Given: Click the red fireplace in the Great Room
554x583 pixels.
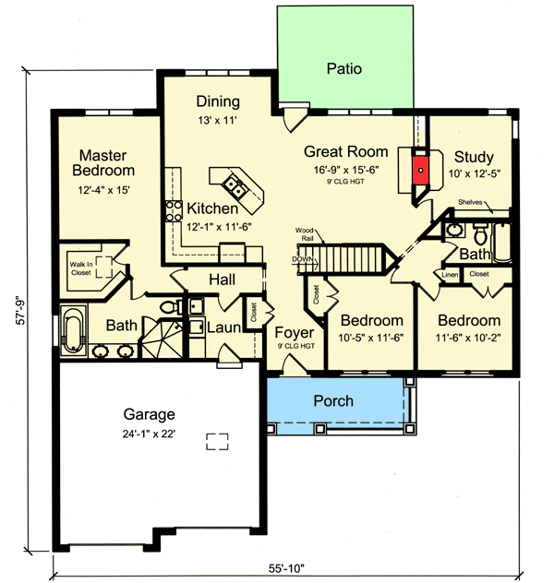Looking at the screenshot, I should click(x=420, y=168).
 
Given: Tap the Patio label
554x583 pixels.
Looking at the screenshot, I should click(x=343, y=68).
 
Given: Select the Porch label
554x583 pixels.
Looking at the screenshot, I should click(x=332, y=400).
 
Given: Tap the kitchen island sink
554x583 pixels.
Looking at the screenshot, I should click(x=237, y=192).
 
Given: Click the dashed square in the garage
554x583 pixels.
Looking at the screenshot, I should click(x=217, y=441).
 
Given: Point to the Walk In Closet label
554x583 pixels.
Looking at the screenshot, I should click(x=81, y=268).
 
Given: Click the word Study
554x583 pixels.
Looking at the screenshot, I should click(x=473, y=157).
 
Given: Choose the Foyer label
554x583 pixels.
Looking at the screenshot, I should click(x=294, y=332).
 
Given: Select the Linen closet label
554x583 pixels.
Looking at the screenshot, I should click(x=450, y=274).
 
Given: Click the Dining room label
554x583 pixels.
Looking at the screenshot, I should click(x=219, y=101).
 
